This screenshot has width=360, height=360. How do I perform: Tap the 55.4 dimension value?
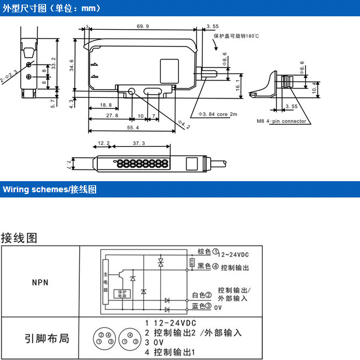(133, 127)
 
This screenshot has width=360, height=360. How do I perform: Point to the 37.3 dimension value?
(139, 143)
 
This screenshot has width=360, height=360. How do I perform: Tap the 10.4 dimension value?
(316, 87)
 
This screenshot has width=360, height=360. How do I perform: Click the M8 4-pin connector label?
(281, 122)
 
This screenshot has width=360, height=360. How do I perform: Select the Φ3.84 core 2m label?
(218, 114)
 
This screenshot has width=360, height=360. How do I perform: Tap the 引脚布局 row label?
(47, 338)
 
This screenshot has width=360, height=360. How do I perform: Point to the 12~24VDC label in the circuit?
(234, 255)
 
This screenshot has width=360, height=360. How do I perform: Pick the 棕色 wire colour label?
(204, 252)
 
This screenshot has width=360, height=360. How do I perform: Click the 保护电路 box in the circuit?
(122, 294)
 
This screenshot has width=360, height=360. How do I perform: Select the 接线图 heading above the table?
(19, 238)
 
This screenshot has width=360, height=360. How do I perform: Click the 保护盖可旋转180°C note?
(237, 36)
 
